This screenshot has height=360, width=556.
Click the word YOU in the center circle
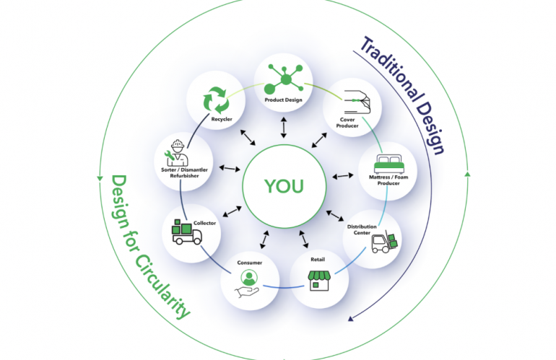284,185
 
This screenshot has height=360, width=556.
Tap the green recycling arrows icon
216,100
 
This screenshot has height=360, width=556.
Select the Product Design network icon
282,77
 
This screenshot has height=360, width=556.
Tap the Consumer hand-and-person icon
248,283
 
